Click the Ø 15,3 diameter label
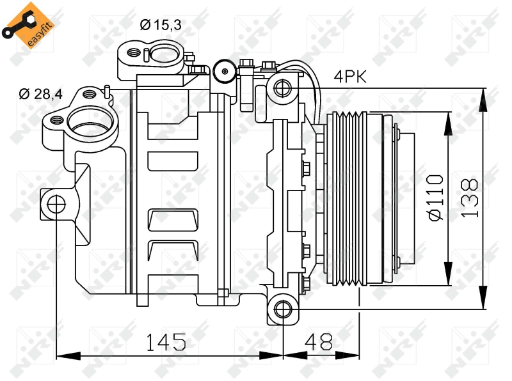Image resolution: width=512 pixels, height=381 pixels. pos(161,25)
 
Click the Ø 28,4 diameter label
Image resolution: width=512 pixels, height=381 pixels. pos(40,94)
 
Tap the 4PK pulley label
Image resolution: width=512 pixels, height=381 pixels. pos(350,77)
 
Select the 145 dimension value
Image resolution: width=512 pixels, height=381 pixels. pos(166,342)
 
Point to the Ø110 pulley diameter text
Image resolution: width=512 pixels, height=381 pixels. pos(436,198)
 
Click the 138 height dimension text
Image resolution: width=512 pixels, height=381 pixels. pos(470,198)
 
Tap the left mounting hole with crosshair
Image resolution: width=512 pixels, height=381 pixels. pos(56,205)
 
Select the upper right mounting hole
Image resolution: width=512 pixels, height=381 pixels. pos(283,88)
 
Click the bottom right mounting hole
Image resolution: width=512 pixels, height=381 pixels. pos(283,309)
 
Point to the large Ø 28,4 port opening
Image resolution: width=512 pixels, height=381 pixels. pos(90,121)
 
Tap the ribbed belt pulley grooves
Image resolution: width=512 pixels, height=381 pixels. pos(350,199)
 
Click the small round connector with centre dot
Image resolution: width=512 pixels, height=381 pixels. pos(225,72)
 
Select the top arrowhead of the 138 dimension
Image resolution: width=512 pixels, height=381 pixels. pos(483,100)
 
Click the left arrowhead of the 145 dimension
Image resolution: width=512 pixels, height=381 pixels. pos(68,356)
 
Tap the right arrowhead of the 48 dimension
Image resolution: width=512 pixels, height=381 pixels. pos(348,356)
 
